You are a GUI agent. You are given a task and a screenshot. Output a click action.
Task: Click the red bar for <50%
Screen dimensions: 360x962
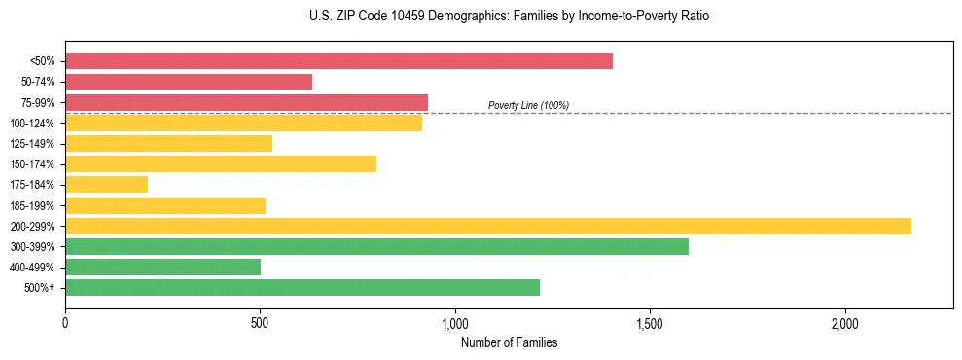338,60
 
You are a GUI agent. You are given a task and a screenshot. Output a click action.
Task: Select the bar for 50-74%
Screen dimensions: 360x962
189,82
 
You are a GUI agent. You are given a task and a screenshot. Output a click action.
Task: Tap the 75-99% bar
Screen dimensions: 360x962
246,102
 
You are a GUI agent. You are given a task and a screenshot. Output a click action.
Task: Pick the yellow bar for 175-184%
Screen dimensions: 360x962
106,184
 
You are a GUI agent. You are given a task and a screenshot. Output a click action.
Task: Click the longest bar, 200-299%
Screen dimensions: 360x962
488,226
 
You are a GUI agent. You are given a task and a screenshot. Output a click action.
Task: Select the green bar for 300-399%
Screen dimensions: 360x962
376,246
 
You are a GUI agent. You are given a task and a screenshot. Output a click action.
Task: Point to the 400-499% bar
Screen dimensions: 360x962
162,267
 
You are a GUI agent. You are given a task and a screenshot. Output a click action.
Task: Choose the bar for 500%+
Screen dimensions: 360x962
303,287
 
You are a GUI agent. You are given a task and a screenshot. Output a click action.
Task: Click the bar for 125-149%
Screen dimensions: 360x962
168,143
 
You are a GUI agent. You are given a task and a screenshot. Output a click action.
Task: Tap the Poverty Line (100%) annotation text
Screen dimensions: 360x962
528,105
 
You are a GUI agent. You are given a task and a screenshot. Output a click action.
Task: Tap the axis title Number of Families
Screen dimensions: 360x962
509,342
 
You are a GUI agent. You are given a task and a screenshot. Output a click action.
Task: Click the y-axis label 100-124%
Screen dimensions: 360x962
32,124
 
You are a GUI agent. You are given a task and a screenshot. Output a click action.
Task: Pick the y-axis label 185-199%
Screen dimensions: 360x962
32,205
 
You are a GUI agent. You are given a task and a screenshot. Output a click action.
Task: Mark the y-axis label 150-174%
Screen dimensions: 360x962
32,164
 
